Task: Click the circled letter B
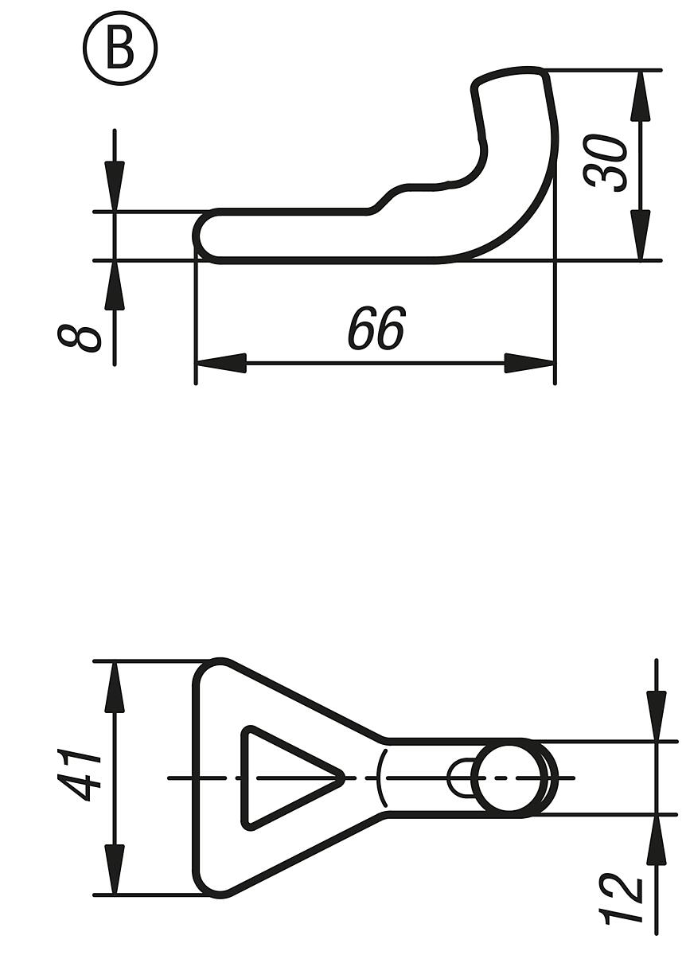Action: [120, 49]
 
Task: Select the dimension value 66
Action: [376, 328]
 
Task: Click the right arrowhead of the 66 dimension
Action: [530, 364]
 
